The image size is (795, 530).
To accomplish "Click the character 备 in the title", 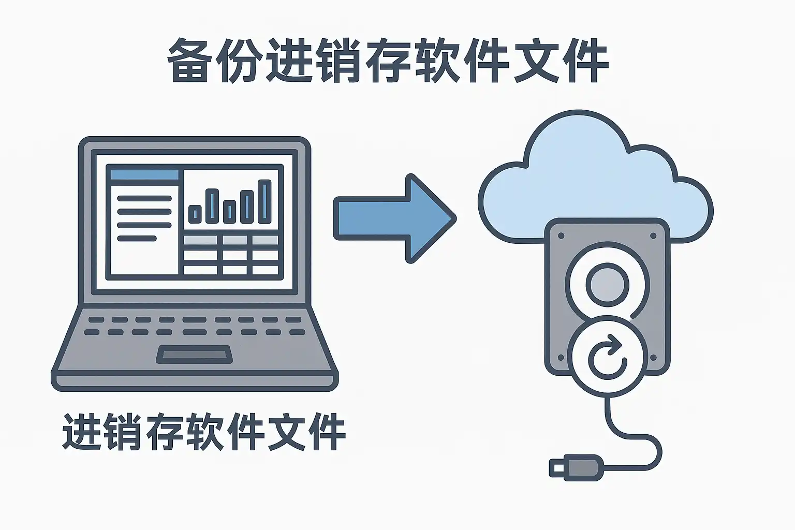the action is (x=187, y=61).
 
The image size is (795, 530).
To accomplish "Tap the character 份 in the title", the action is (x=237, y=61).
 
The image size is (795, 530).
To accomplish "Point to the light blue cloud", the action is (x=596, y=170).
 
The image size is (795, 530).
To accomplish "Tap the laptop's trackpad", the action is (x=195, y=354).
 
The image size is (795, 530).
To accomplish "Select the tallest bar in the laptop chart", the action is (x=264, y=202).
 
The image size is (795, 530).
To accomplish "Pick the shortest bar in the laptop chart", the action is (x=195, y=214).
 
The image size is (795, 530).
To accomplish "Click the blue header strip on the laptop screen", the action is (x=145, y=174).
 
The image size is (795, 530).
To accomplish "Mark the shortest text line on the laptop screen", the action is (x=137, y=238).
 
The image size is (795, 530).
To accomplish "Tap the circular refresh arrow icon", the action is (x=608, y=357).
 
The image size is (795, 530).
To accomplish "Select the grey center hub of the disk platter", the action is (x=608, y=285).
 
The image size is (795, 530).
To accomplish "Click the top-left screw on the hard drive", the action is (x=561, y=235).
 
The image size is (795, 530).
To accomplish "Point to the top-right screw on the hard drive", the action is (x=653, y=235).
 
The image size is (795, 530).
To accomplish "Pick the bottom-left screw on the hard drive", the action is (x=561, y=358).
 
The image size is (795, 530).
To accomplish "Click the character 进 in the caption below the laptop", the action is (x=82, y=432).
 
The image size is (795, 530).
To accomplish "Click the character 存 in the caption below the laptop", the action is (x=163, y=432).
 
